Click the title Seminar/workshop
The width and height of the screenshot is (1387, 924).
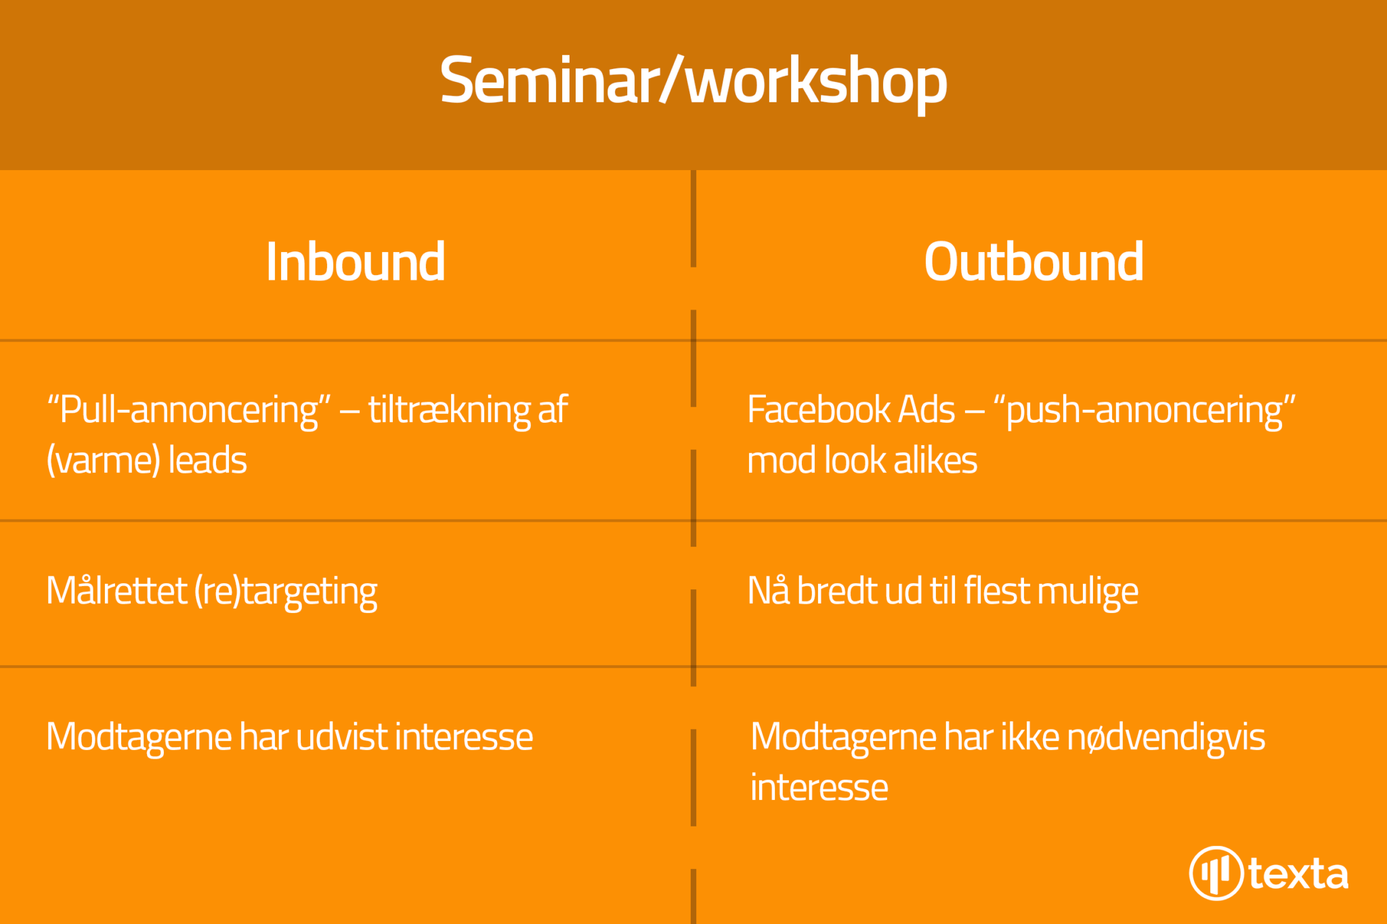coord(693,82)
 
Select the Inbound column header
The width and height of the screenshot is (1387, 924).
coord(356,261)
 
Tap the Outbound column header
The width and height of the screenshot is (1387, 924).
coord(1034,261)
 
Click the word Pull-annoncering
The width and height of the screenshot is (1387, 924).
coord(189,411)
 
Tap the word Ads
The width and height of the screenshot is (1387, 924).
coord(927,410)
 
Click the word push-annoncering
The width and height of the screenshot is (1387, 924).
coord(1145,411)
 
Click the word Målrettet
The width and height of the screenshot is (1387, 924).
coord(116,590)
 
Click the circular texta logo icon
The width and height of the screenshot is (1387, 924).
coord(1216,873)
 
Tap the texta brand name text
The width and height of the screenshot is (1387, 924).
coord(1298,874)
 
